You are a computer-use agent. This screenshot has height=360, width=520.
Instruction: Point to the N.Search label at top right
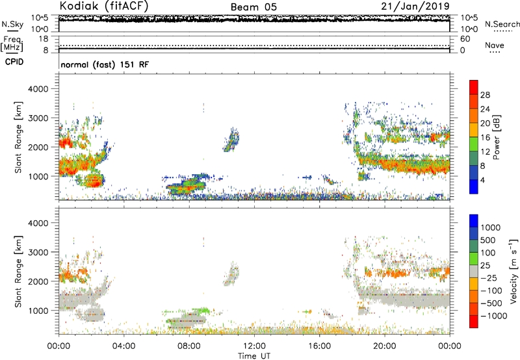click(502, 24)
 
